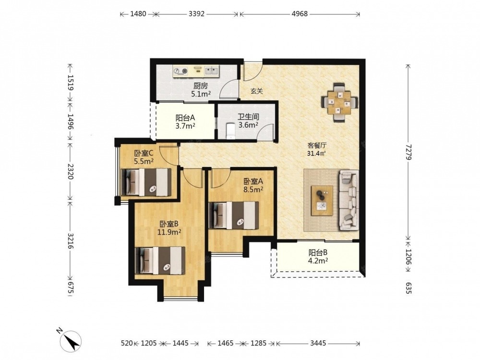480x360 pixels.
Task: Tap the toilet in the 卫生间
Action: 230,131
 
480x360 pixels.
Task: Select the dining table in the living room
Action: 339,102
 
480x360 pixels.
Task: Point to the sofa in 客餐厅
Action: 348,201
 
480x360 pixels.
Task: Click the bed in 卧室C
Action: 146,182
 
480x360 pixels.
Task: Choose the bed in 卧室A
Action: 234,215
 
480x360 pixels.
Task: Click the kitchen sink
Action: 211,71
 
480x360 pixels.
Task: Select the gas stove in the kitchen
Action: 180,72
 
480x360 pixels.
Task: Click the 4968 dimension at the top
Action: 300,14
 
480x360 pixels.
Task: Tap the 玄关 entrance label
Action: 257,91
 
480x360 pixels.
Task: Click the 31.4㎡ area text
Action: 316,154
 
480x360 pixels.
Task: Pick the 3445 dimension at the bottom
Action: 318,343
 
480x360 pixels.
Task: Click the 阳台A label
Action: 185,118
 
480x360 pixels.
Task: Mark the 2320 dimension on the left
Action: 71,171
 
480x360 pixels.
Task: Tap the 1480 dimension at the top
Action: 138,14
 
